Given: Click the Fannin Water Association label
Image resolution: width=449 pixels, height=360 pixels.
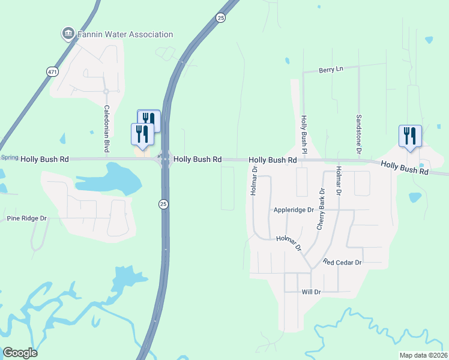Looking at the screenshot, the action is click(125, 35).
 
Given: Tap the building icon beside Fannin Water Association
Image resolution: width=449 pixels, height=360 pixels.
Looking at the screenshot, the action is click(68, 33).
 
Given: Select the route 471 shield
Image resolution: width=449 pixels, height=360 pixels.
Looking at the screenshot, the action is click(52, 71).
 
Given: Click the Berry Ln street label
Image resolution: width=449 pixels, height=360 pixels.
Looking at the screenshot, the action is click(331, 70).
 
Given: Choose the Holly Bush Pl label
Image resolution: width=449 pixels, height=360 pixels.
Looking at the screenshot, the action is click(304, 133).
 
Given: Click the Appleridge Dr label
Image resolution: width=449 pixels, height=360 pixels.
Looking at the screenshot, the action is click(294, 210).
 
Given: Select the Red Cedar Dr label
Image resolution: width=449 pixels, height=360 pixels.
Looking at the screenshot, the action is click(342, 263).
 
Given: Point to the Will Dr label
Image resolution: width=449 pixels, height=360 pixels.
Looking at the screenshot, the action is click(312, 292).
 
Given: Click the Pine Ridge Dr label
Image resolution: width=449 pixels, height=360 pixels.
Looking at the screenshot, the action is click(26, 218).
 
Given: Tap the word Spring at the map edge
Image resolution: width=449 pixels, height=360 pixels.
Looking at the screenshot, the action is click(9, 157).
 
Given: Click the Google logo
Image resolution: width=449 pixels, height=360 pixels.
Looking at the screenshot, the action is click(20, 353).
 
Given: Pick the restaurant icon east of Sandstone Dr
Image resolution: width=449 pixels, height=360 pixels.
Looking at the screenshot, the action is click(410, 136).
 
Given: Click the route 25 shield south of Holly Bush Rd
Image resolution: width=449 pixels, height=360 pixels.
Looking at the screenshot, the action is click(163, 205).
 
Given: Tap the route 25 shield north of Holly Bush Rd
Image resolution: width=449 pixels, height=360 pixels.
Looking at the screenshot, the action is click(221, 19).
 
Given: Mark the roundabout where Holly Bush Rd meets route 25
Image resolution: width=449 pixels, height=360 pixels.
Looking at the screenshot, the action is click(164, 160).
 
